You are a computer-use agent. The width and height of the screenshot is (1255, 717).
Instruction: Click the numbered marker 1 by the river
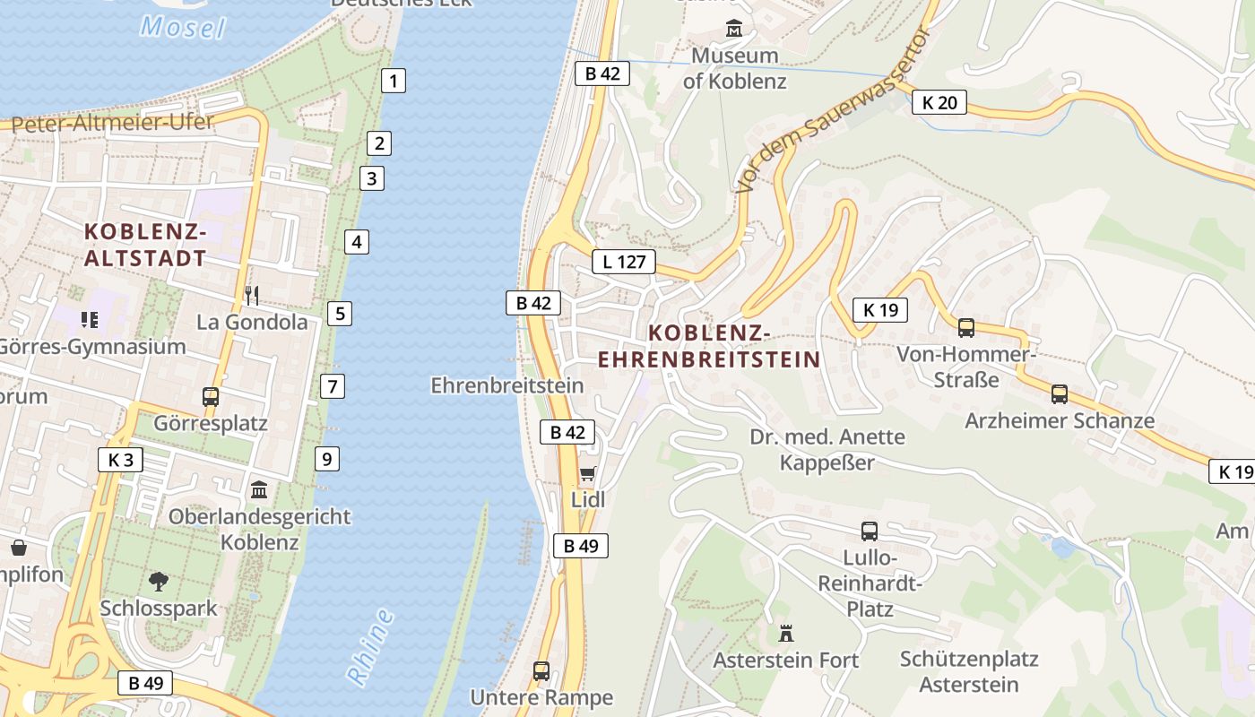393,81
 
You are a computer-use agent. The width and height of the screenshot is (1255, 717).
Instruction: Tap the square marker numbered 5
339,314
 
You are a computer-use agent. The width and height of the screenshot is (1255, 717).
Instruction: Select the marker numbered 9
327,460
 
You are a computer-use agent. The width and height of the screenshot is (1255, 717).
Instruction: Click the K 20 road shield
939,102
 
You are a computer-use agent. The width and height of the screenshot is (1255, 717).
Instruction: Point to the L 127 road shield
624,263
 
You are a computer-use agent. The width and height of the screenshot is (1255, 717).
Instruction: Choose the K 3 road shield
120,461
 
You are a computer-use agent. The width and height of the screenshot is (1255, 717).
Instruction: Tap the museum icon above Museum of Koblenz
734,28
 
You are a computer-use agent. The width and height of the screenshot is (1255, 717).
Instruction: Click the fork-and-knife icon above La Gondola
252,295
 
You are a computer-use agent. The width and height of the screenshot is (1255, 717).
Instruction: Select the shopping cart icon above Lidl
587,473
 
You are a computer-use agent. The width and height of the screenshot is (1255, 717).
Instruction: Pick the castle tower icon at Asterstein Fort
786,634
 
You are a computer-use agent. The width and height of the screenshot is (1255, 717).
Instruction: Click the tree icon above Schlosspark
159,582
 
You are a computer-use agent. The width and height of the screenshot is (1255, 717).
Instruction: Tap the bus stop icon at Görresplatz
211,396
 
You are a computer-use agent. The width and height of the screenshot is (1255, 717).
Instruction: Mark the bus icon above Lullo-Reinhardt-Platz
870,531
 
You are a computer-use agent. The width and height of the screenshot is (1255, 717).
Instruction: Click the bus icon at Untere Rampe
541,670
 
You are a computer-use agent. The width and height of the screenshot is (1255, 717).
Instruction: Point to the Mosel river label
183,27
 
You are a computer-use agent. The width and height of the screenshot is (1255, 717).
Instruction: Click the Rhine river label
370,647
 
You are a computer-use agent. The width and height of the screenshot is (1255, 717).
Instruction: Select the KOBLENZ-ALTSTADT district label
145,245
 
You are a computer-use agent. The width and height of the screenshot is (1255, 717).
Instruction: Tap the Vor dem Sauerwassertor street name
832,109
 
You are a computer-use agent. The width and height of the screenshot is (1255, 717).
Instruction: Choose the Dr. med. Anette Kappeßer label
827,450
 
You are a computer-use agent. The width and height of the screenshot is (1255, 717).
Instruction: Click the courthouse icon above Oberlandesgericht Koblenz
260,490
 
